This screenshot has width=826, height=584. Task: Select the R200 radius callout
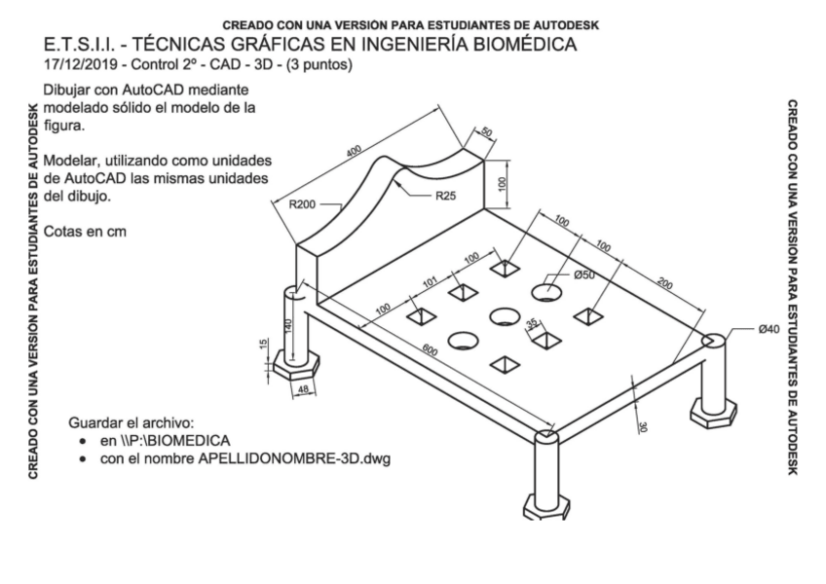pyautogui.click(x=305, y=204)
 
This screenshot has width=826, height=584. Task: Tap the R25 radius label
pyautogui.click(x=445, y=195)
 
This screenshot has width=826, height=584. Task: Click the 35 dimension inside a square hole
pyautogui.click(x=531, y=324)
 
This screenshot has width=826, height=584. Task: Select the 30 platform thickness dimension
pyautogui.click(x=642, y=424)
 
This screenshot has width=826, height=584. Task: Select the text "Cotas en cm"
pyautogui.click(x=86, y=231)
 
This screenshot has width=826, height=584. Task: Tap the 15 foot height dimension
pyautogui.click(x=263, y=346)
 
